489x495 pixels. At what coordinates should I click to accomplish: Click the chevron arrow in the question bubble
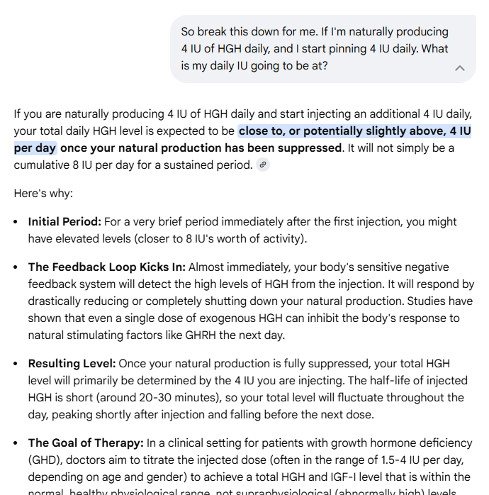[x=460, y=68]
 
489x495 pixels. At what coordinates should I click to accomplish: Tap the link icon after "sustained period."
[x=264, y=165]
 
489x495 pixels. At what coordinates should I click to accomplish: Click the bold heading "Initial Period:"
[x=64, y=222]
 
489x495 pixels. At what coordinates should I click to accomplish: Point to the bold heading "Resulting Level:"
[x=72, y=364]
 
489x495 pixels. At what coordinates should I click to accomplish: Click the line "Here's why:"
[x=43, y=193]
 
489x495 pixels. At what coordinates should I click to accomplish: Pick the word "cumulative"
[x=48, y=165]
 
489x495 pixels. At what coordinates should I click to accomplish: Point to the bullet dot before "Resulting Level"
[x=16, y=364]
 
